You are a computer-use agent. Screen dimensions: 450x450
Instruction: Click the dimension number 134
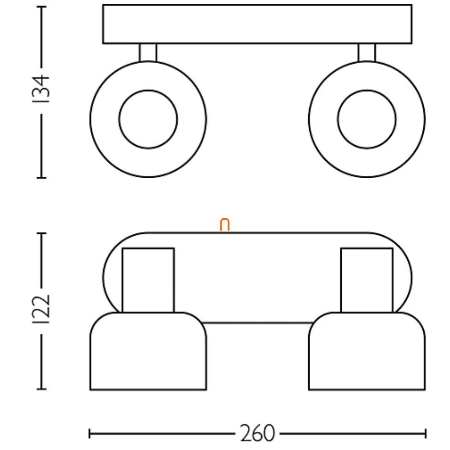[41, 89]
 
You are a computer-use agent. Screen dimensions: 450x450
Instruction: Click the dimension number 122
[41, 309]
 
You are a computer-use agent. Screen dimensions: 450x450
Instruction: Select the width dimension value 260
[258, 433]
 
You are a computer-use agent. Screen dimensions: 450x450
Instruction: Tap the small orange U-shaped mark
[225, 225]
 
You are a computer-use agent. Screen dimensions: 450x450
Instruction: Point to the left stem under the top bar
[148, 53]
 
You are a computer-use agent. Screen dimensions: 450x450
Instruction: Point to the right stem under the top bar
[367, 53]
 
